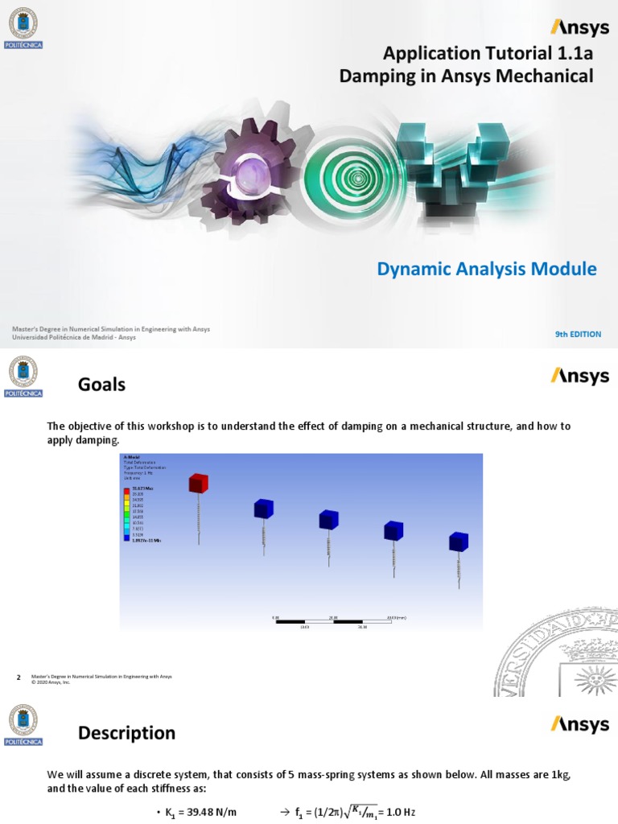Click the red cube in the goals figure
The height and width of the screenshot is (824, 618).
tap(198, 483)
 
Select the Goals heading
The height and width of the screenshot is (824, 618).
tap(101, 385)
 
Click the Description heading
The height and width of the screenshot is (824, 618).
tap(126, 733)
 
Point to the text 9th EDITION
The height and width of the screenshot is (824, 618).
tap(578, 334)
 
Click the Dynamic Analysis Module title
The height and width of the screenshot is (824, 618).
tap(487, 269)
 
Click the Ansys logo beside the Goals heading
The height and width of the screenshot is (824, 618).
tap(579, 376)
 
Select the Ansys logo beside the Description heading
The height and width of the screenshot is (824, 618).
tap(579, 724)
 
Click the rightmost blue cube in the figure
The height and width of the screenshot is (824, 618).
tap(458, 541)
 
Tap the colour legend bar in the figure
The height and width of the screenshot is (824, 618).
tap(125, 514)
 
